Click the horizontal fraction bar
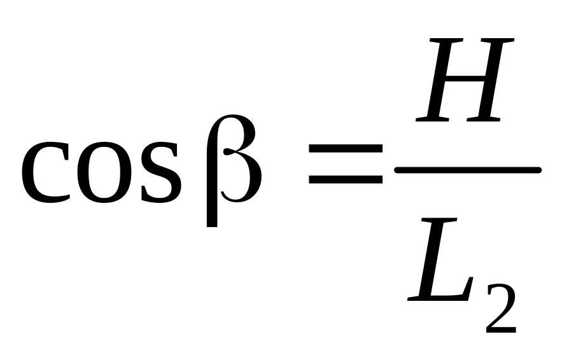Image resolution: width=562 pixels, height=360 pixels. tap(468, 170)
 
